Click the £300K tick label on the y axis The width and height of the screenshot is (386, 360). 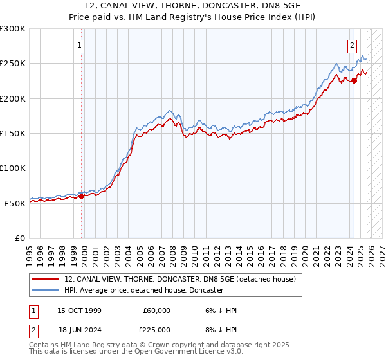(13, 29)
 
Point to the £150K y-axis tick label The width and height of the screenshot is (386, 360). (13, 133)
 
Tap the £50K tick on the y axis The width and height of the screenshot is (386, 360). (15, 203)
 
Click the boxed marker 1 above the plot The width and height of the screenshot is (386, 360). (79, 46)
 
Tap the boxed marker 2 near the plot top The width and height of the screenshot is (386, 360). (353, 46)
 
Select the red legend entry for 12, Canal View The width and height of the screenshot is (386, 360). (180, 279)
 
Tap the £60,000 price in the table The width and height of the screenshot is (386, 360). (156, 310)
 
